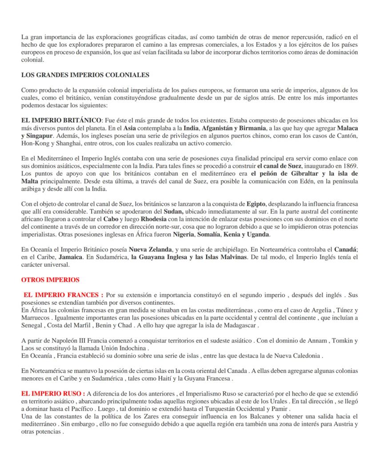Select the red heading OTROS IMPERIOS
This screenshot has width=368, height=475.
click(x=51, y=280)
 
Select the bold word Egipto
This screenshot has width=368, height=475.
click(x=257, y=204)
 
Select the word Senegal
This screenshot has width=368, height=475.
click(x=33, y=325)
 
